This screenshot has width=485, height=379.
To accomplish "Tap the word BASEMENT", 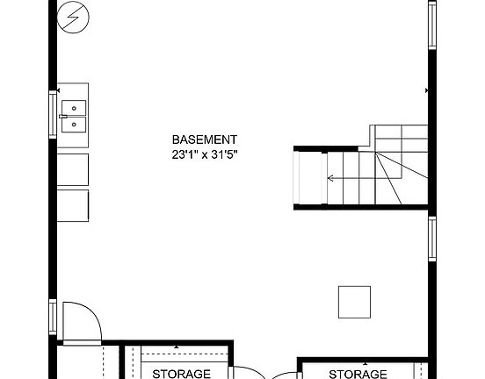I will point(205,139).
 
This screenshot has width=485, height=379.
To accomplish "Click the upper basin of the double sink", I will point(74,108).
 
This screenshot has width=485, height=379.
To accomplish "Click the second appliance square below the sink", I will point(74,202).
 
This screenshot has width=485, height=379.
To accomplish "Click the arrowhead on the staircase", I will point(330,179).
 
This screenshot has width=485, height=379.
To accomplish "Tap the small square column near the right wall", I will point(354,301).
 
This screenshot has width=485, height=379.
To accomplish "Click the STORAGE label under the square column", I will point(358,374).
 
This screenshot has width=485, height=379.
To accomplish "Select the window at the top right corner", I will point(431,26).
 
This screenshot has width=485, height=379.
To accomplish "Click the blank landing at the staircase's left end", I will point(308,179).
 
